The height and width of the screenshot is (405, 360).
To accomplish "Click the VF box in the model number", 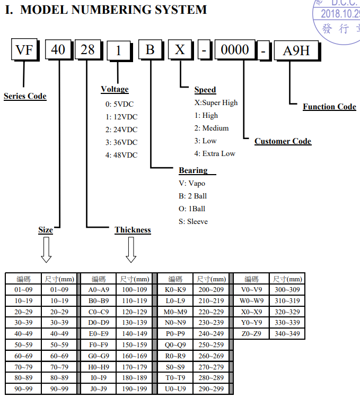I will [24, 50].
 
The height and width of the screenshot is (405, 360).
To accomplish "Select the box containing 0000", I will [234, 50].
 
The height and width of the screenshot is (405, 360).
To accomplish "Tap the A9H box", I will [296, 51].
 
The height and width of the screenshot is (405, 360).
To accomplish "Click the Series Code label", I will [25, 96].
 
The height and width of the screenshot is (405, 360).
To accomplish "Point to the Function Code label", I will [329, 107].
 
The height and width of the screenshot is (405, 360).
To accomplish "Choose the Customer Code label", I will [283, 141].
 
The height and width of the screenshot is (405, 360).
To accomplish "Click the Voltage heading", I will [115, 89].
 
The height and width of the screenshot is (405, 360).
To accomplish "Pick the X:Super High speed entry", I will [216, 102].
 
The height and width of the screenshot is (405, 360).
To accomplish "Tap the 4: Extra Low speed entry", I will [214, 153].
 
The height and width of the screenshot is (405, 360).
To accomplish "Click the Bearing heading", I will [193, 170].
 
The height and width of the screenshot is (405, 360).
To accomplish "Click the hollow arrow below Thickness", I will [131, 249].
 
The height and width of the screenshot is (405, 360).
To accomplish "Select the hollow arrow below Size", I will [46, 249].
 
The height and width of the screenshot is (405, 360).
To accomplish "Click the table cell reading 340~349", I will [287, 334].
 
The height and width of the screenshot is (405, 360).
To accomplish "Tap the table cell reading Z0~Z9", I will [251, 334].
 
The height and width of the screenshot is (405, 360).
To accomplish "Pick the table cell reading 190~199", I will [135, 390].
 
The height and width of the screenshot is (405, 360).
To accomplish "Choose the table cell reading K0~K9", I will [175, 289].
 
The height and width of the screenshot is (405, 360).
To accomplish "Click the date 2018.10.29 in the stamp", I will [340, 14].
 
